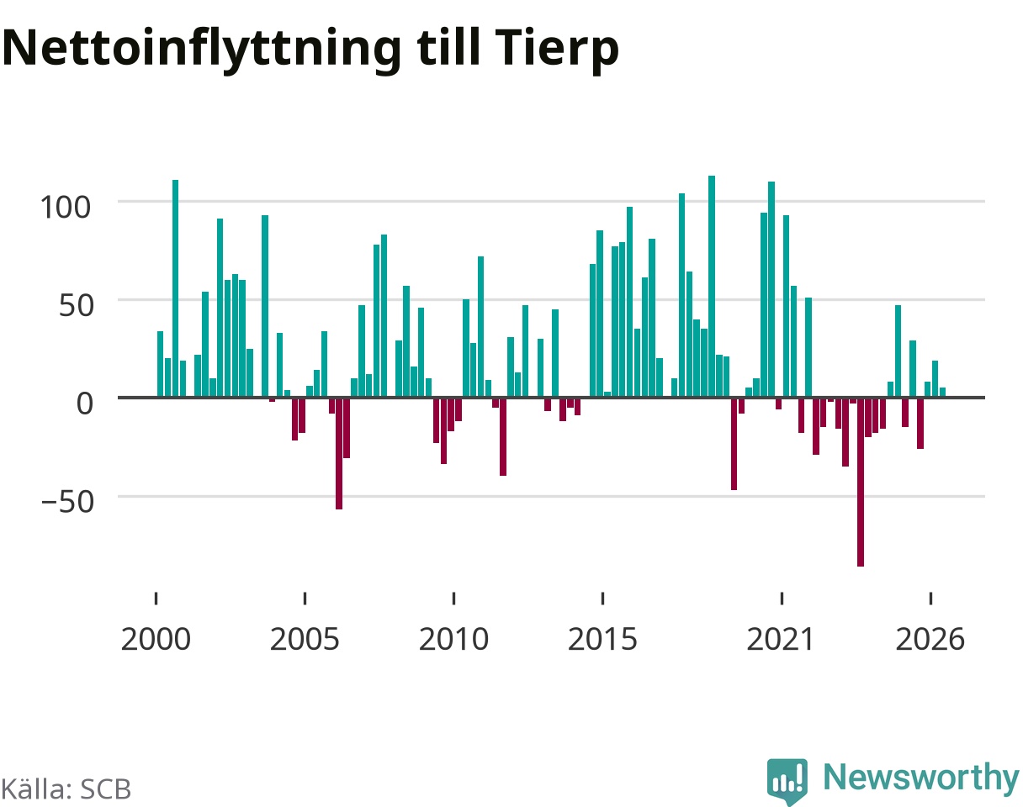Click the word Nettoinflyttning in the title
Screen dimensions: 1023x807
pyautogui.click(x=202, y=50)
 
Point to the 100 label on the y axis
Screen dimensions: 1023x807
pyautogui.click(x=65, y=208)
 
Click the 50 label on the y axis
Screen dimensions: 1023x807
pyautogui.click(x=76, y=306)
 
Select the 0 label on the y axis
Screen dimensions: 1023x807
pyautogui.click(x=85, y=404)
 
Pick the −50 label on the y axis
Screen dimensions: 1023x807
pyautogui.click(x=67, y=502)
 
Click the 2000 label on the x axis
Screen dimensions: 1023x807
pyautogui.click(x=156, y=640)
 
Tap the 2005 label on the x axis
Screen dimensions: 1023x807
pyautogui.click(x=305, y=640)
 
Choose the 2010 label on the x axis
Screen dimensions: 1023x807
pyautogui.click(x=454, y=640)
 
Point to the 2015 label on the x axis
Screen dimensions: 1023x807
pyautogui.click(x=602, y=640)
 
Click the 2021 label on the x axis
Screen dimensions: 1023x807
pyautogui.click(x=782, y=640)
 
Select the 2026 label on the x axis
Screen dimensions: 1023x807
pyautogui.click(x=930, y=640)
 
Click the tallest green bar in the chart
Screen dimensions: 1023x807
pyautogui.click(x=712, y=287)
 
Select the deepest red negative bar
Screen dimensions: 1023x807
pyautogui.click(x=861, y=483)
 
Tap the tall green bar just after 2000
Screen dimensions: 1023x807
pyautogui.click(x=176, y=288)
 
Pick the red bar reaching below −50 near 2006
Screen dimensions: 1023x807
pyautogui.click(x=339, y=454)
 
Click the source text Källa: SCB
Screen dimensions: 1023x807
pyautogui.click(x=66, y=789)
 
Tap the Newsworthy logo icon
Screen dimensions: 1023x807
pyautogui.click(x=787, y=781)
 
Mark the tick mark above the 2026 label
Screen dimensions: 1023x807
pyautogui.click(x=930, y=599)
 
